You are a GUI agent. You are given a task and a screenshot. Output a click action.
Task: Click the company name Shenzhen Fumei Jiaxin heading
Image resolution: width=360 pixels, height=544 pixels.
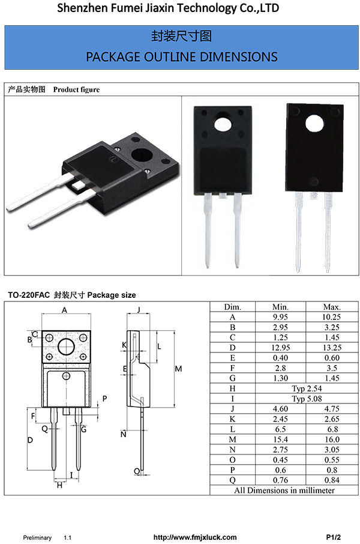tap(168, 8)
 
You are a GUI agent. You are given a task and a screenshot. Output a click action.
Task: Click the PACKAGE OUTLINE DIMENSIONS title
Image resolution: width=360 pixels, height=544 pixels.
tap(181, 56)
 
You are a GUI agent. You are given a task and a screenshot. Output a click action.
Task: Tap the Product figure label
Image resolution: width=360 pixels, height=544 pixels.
tap(76, 89)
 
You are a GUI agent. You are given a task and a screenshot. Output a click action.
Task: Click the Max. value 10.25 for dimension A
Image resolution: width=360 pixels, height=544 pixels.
tap(332, 317)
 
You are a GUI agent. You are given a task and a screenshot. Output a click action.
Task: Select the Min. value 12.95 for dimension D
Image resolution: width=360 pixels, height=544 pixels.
tap(280, 348)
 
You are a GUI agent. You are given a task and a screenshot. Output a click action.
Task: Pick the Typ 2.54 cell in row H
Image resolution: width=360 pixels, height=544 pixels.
tap(307, 388)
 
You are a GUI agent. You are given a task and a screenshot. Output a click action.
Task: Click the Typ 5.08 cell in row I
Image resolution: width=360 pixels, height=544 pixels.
tap(307, 399)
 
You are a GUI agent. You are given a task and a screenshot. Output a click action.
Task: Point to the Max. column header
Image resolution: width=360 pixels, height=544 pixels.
tap(332, 307)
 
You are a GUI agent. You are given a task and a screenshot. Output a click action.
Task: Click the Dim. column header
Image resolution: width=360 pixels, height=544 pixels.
tap(232, 307)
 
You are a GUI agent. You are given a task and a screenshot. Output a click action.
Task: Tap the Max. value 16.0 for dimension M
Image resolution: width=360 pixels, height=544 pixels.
tap(332, 440)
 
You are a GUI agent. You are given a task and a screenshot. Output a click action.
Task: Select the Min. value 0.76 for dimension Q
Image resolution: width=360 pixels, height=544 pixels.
tap(280, 480)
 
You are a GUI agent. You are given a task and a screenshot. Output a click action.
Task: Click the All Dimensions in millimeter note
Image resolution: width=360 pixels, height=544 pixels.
tap(284, 490)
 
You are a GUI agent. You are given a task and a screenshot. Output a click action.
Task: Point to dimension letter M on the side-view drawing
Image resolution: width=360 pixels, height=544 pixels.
tap(178, 368)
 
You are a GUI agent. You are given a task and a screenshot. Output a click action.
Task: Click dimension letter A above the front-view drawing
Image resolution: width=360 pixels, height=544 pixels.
tap(65, 310)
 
